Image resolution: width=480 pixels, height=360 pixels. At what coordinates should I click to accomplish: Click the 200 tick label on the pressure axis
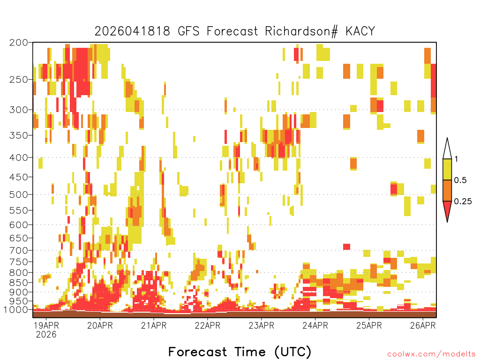point(18,42)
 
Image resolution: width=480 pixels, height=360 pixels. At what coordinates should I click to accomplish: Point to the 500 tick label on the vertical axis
point(18,195)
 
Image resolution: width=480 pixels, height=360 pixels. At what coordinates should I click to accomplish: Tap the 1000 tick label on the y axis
point(16,310)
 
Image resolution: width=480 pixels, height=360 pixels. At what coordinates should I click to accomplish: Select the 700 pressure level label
point(18,250)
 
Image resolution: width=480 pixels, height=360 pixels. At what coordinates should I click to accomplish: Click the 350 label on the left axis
point(18,135)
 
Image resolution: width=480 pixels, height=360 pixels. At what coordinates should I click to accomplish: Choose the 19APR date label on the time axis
point(46,325)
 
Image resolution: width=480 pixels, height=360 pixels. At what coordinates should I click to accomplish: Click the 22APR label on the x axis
point(208,325)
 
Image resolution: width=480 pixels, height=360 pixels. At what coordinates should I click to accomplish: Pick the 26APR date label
point(423,325)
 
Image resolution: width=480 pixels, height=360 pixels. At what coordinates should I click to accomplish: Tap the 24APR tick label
point(315,325)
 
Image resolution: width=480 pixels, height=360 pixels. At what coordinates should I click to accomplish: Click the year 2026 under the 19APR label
point(46,334)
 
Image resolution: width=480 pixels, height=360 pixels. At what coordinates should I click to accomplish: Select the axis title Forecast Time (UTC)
point(240,352)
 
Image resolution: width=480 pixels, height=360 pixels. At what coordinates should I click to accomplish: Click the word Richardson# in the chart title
point(301,31)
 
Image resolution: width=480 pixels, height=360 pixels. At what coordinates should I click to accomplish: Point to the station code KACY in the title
point(360,31)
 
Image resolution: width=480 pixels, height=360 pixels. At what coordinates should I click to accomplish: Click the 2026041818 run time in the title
point(132,31)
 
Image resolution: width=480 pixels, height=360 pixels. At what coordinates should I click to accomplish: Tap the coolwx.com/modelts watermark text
point(432,354)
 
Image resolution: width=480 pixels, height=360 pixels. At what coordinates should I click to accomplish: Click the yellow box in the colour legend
point(447,169)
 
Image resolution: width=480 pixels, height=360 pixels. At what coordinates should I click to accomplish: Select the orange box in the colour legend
point(447,190)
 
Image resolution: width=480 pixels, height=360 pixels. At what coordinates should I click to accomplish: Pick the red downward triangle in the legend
point(447,210)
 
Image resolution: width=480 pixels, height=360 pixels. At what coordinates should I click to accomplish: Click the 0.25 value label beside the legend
point(463,202)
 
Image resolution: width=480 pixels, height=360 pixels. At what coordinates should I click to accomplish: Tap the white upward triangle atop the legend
point(447,150)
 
